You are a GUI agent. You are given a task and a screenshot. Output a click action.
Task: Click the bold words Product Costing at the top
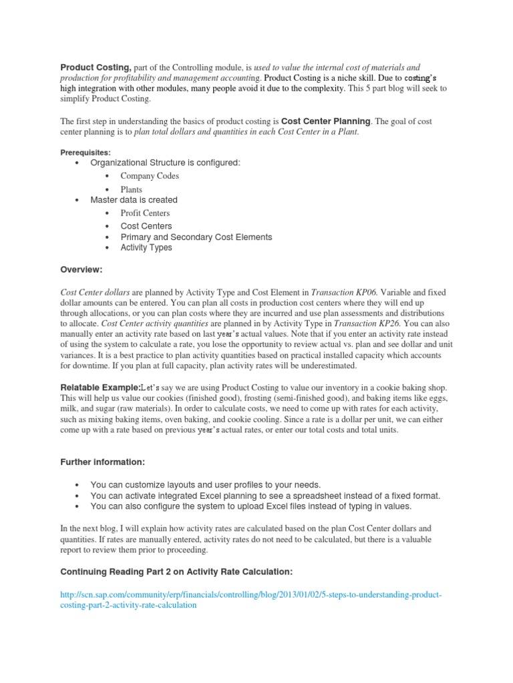(x=96, y=67)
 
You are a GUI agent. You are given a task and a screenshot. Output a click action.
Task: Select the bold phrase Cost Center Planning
(x=325, y=121)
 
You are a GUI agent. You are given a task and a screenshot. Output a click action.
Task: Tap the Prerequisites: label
(x=86, y=152)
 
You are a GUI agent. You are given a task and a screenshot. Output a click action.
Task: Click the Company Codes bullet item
(x=150, y=176)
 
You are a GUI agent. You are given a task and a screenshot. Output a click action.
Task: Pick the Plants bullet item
(x=131, y=189)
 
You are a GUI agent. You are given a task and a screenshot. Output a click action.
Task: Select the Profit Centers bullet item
(x=145, y=213)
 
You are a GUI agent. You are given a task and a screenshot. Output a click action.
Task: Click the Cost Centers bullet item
(x=146, y=226)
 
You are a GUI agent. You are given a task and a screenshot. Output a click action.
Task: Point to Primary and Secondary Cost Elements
(x=196, y=237)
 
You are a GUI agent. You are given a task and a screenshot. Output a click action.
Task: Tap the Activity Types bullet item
(x=146, y=247)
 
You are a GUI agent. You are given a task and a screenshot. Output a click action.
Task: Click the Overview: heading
(x=81, y=269)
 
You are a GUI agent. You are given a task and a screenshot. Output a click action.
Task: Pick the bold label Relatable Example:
(x=101, y=388)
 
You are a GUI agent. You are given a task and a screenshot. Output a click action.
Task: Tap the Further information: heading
(x=103, y=462)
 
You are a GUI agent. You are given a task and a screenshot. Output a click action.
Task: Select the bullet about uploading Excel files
(x=251, y=507)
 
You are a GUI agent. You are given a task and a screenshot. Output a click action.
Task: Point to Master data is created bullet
(x=134, y=200)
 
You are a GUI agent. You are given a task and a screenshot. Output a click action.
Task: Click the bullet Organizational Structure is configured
(x=165, y=163)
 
